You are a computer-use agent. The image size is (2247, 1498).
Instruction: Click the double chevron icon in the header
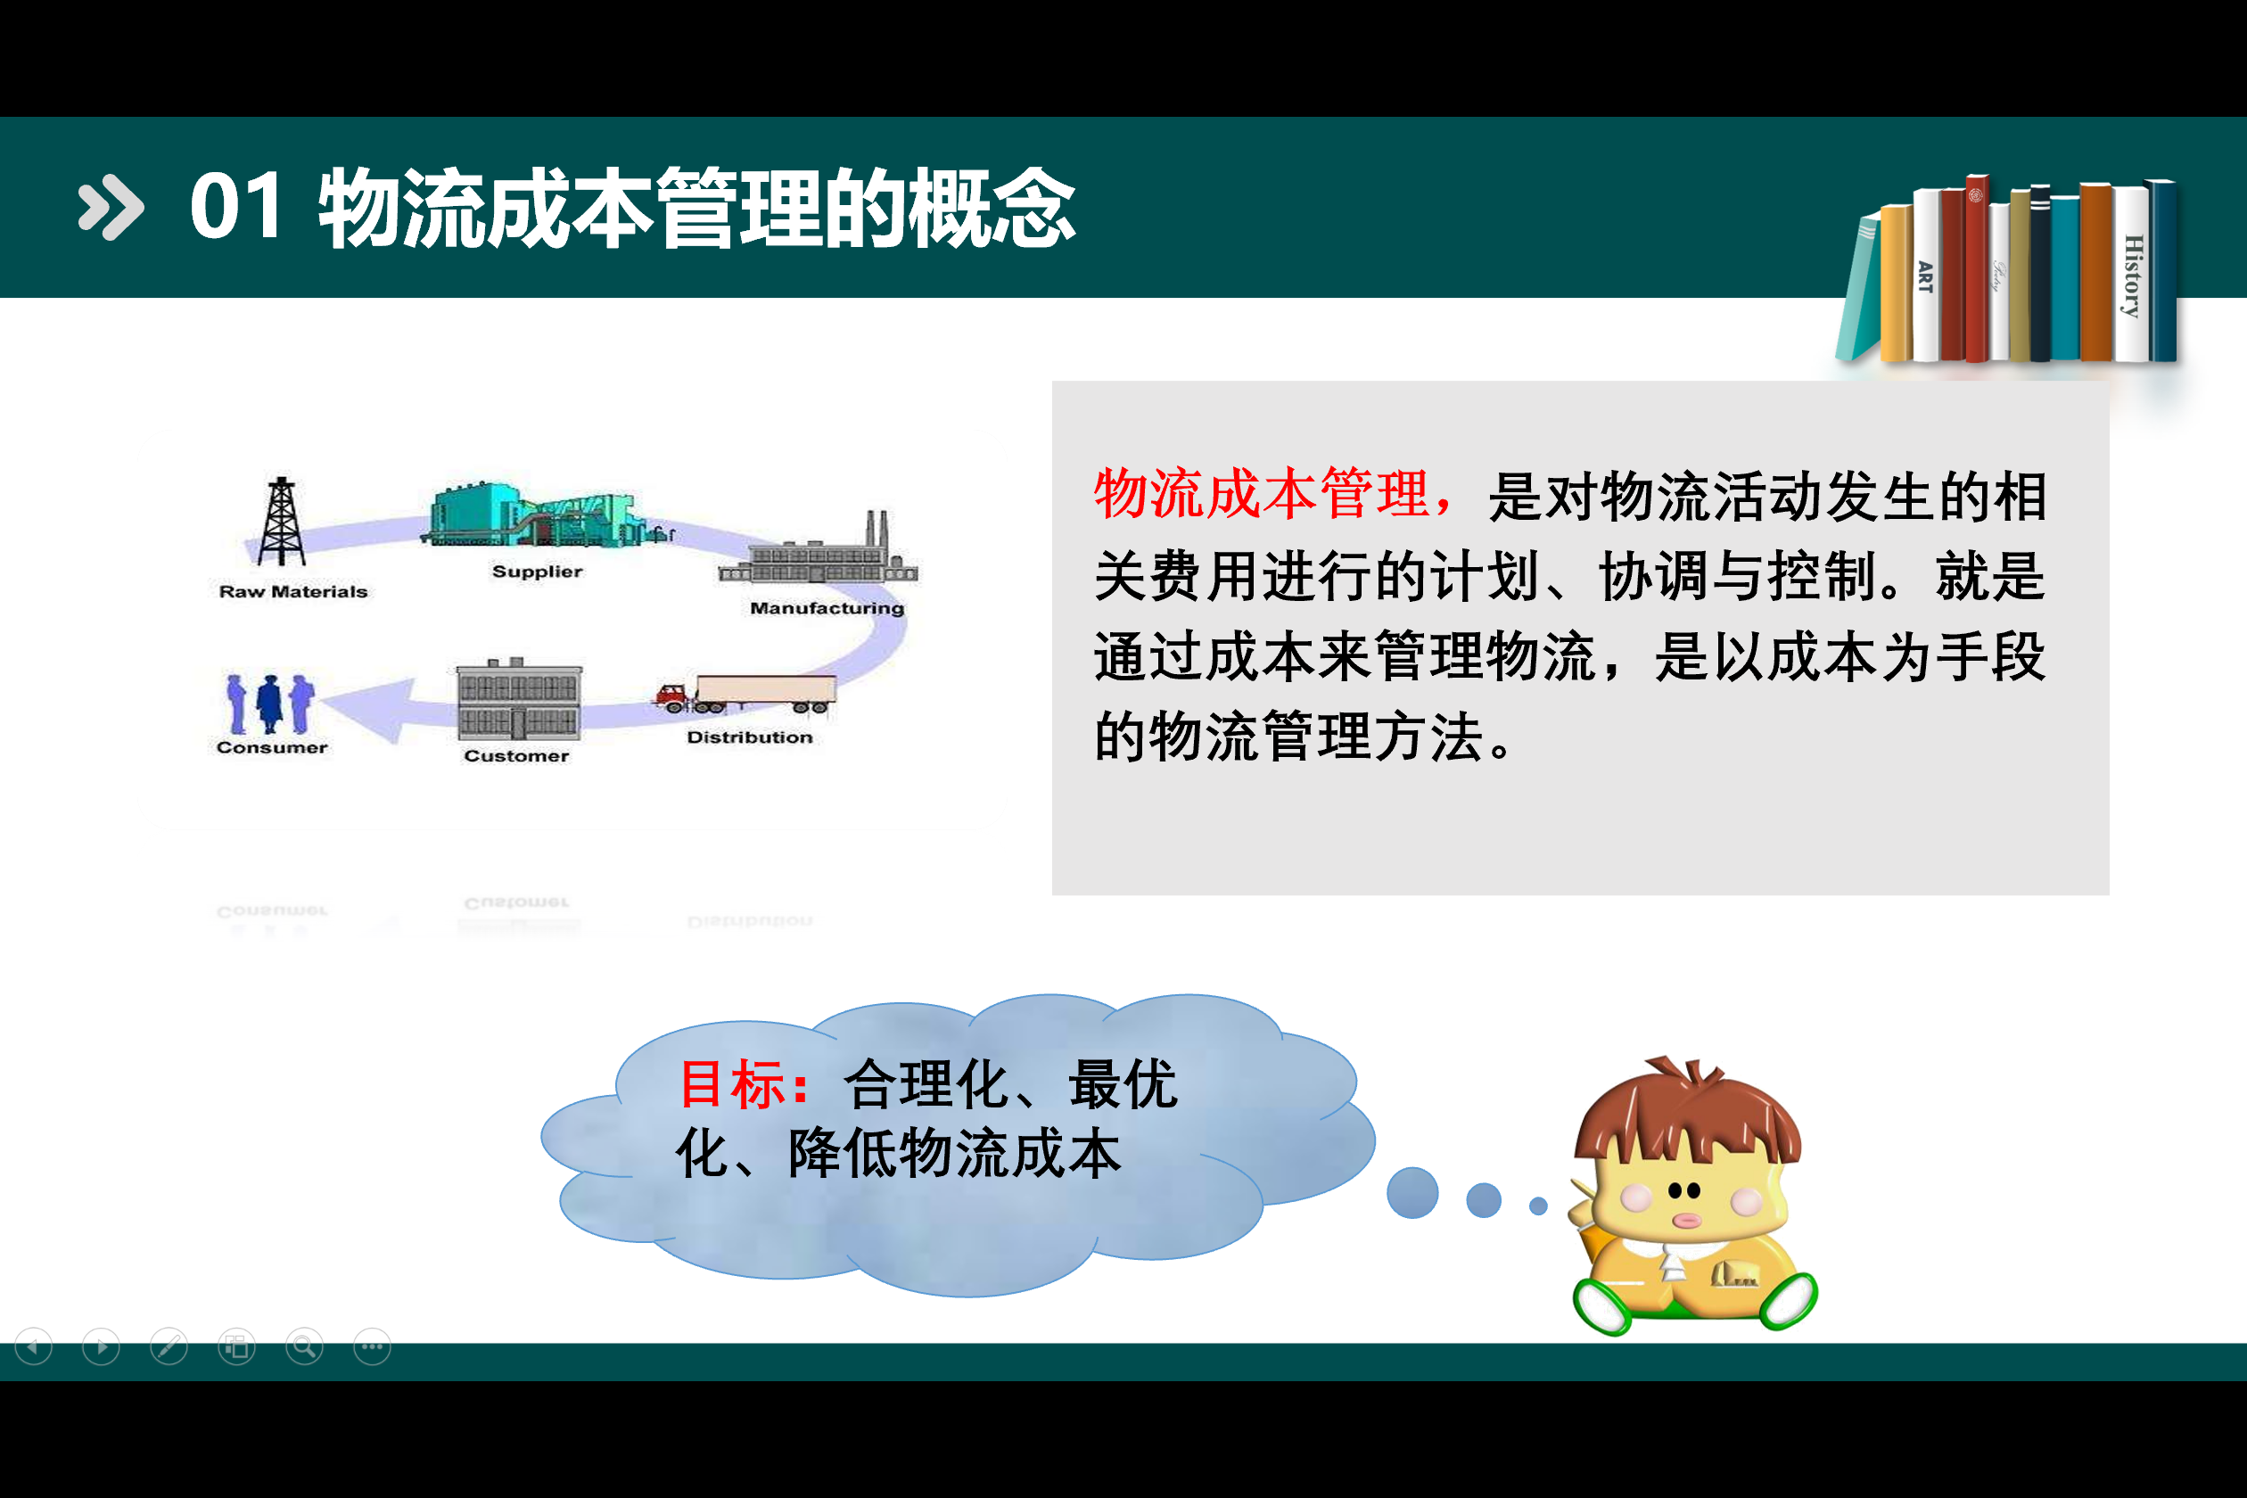[x=111, y=206]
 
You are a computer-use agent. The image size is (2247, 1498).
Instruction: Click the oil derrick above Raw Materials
[x=281, y=522]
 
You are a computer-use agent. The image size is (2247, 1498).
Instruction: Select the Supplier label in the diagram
[x=537, y=572]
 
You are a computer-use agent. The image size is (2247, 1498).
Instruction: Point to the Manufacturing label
[x=827, y=607]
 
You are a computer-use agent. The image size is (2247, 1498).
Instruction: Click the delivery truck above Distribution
[x=746, y=694]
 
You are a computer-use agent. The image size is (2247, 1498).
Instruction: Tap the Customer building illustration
[x=519, y=699]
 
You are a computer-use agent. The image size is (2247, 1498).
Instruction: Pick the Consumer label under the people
[x=272, y=747]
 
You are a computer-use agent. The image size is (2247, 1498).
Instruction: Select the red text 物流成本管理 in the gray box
[x=1262, y=495]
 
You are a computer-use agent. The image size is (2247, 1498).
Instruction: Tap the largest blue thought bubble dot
[x=1412, y=1192]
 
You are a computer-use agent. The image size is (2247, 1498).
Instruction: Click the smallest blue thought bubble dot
[x=1538, y=1206]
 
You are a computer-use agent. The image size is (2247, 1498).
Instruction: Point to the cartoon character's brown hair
[x=1688, y=1112]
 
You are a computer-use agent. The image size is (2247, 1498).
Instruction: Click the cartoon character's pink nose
[x=1686, y=1220]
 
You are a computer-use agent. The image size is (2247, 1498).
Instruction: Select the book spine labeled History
[x=2132, y=275]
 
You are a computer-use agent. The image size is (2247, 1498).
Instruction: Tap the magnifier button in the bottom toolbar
[x=305, y=1347]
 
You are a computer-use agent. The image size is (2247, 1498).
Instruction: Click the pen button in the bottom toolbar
[x=169, y=1347]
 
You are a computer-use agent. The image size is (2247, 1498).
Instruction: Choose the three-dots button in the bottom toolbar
[x=373, y=1347]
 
